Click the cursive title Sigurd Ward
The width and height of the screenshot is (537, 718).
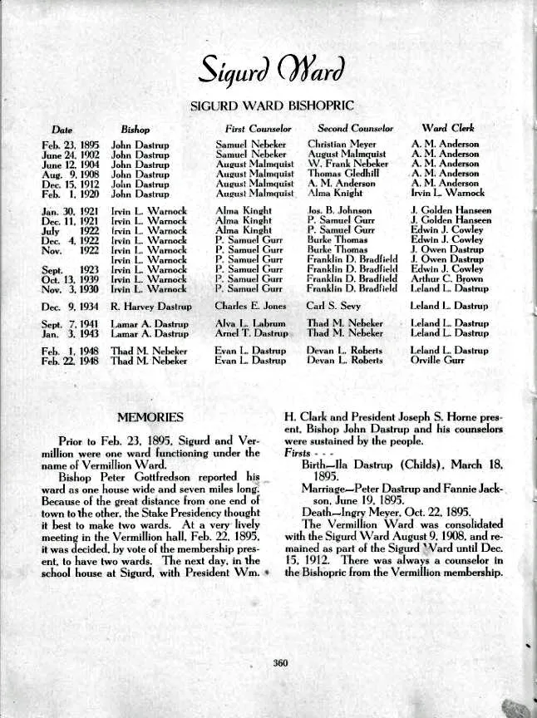[x=268, y=74]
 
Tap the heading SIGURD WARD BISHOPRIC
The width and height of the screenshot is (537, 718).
[x=268, y=106]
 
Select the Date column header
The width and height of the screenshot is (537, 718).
[x=62, y=130]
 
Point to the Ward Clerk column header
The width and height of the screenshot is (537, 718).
[x=449, y=130]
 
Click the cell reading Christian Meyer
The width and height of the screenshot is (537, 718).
[x=342, y=145]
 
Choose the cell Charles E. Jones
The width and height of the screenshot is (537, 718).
[x=249, y=306]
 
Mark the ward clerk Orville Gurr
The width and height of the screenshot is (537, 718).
[x=438, y=361]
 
